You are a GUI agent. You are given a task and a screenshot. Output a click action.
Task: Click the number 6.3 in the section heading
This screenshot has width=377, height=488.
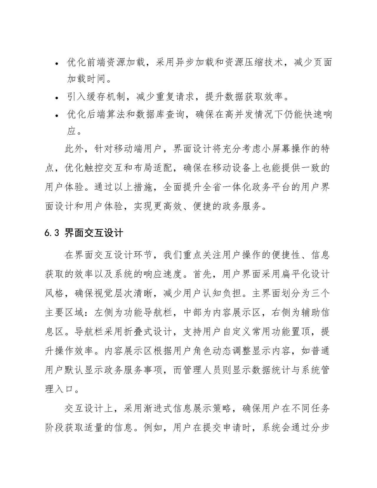pyautogui.click(x=52, y=233)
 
